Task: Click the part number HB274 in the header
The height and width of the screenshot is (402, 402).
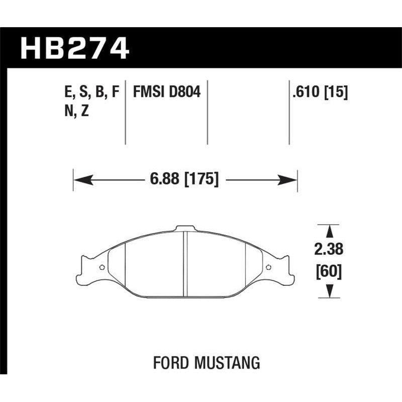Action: click(74, 49)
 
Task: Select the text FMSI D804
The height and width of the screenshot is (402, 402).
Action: click(166, 92)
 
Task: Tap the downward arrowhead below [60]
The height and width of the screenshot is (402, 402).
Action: click(329, 290)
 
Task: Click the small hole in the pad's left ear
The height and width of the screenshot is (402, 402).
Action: click(103, 267)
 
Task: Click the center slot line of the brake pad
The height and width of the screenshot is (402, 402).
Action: click(184, 264)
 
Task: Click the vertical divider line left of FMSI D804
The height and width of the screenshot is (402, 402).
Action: click(125, 113)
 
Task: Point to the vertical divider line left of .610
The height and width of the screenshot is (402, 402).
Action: click(289, 113)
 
